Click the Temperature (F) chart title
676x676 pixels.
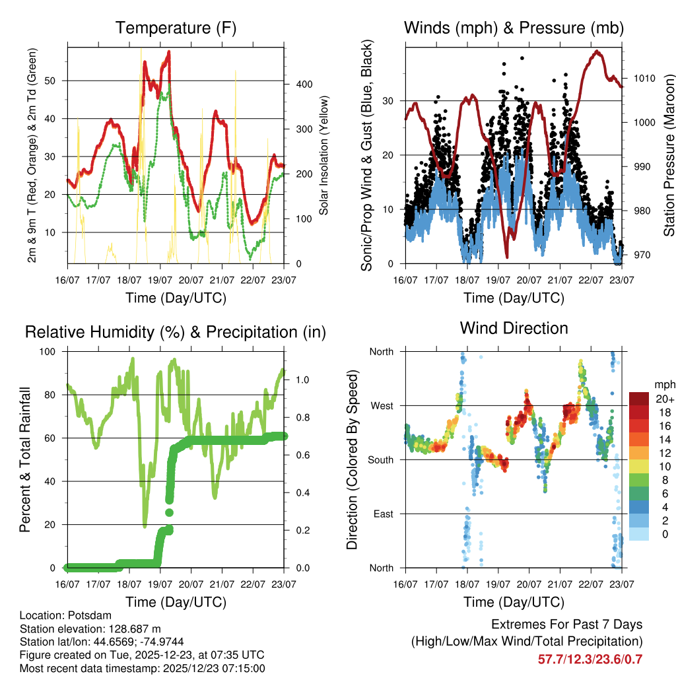tap(176, 28)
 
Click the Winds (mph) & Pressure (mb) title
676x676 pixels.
tap(514, 28)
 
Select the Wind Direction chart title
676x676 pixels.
tap(514, 328)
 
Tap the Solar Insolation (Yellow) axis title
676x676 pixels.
tap(324, 155)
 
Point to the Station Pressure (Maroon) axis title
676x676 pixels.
tap(669, 155)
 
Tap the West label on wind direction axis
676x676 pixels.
tap(381, 405)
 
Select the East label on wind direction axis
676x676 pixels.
tap(382, 514)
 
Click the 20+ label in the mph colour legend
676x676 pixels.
tap(664, 399)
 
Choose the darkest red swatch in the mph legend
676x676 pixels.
tap(638, 399)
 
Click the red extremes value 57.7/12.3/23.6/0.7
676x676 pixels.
tap(590, 659)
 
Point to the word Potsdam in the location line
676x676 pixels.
tap(85, 615)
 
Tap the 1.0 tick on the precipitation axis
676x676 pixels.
tap(302, 380)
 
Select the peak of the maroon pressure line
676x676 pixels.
tap(597, 51)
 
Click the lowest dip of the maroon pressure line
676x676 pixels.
tap(507, 257)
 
